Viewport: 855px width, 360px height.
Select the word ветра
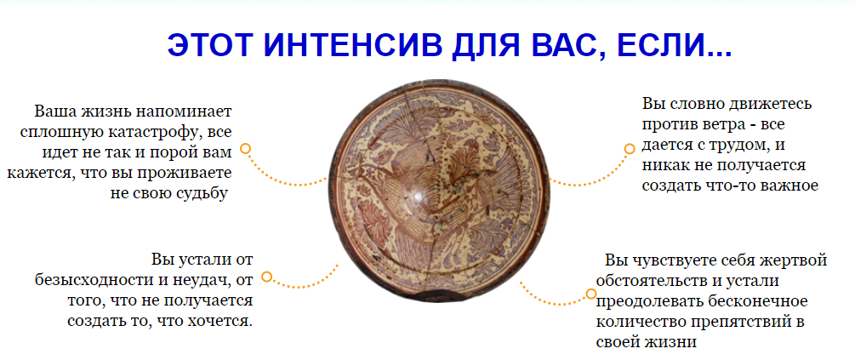pos(721,123)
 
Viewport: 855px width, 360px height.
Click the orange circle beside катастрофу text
pos(245,148)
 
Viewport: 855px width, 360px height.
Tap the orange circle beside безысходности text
pos(266,277)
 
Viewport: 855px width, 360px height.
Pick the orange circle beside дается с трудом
pos(630,148)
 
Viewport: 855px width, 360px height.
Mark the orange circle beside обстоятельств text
pos(591,294)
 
